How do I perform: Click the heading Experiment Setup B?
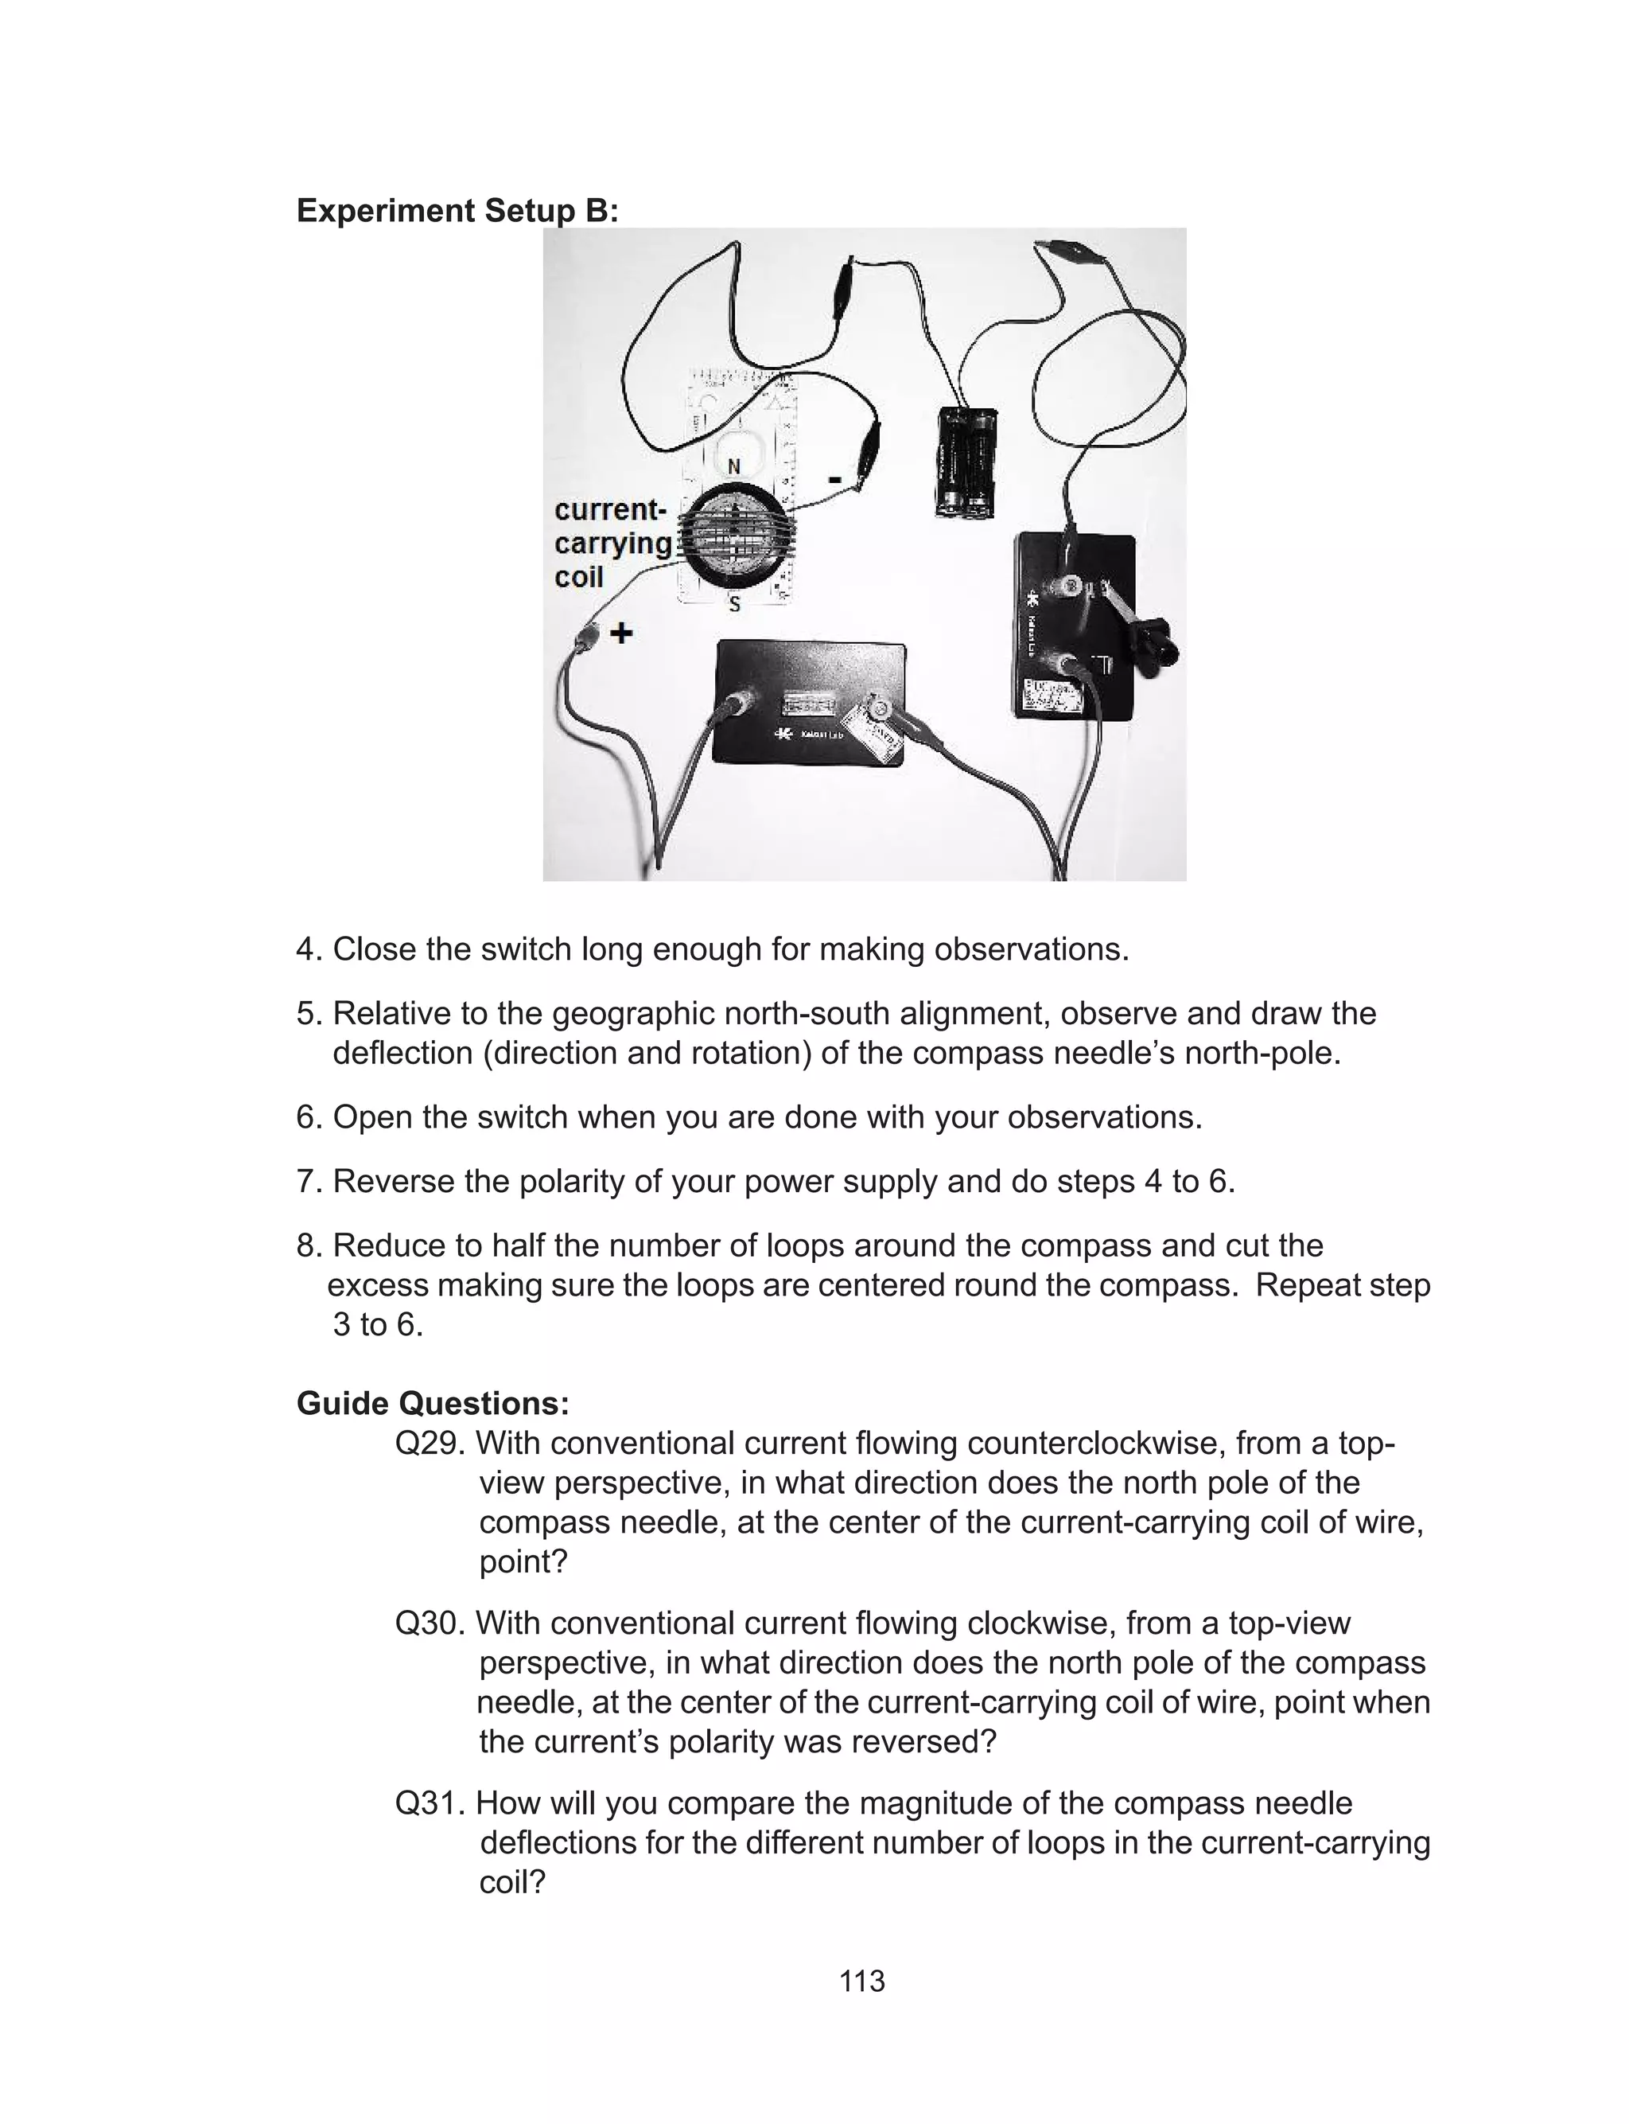pos(457,210)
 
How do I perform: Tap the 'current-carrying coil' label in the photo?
pos(612,543)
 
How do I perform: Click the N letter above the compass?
pos(734,467)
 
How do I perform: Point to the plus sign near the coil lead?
pos(620,633)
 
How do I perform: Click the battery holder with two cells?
pos(966,461)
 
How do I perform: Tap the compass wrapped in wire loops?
pos(734,536)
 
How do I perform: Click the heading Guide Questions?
pos(433,1403)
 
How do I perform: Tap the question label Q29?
pos(430,1443)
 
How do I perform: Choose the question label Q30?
pos(430,1623)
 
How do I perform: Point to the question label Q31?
pos(430,1803)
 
